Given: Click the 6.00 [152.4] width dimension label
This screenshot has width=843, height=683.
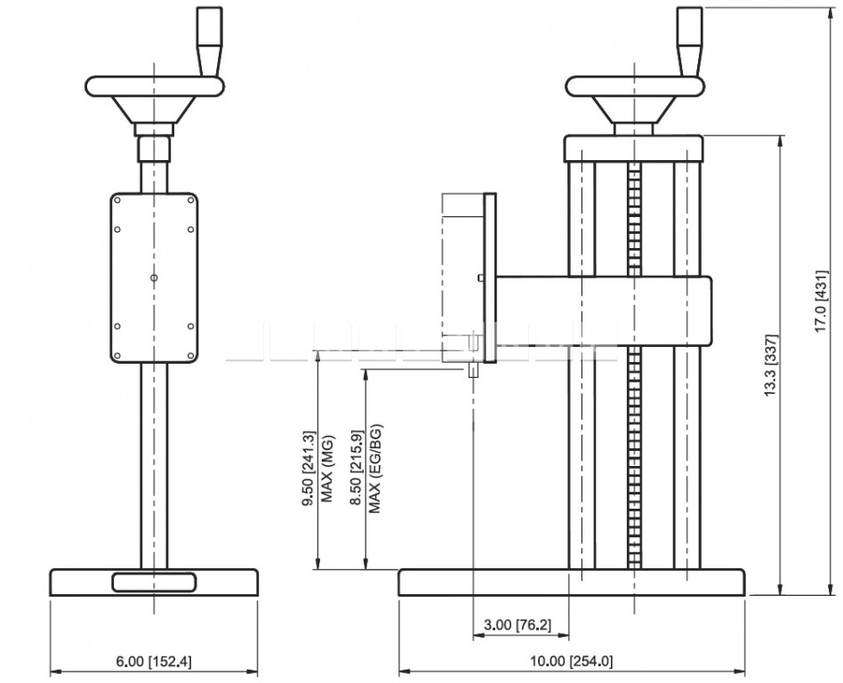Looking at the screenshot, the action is coord(154,661).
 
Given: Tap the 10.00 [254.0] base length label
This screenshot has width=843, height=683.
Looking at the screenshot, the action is coord(572,661).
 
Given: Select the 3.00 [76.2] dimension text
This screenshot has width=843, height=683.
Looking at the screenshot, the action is coord(518,625).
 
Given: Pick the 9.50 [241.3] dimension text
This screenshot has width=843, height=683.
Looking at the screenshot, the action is coord(309,469).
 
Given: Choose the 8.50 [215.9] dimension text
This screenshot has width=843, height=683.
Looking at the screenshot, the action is coord(356,469).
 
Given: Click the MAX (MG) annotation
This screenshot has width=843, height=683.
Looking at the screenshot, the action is coord(327,469).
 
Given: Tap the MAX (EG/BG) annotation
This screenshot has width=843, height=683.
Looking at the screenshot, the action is coord(374,469).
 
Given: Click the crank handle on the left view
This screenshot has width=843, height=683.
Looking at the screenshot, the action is coord(209,42).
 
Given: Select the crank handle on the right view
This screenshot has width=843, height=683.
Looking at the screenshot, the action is coord(689,42).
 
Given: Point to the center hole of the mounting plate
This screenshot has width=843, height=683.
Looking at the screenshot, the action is coord(155,277).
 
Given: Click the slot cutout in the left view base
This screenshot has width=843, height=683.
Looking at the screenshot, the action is coord(155,583).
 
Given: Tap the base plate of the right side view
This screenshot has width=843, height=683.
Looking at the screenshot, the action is coord(572,583).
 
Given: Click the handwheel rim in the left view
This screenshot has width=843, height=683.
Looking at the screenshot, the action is coord(155,86).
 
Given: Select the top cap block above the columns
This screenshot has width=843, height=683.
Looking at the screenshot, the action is coord(634,149).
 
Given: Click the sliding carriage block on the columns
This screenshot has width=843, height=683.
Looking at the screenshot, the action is coord(605,311).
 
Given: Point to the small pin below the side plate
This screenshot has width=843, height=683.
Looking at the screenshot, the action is coord(473,370).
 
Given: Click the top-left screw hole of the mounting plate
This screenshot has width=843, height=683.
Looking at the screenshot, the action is coord(117,200).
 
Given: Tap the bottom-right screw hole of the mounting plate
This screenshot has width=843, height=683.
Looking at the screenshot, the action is coord(191,356).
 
